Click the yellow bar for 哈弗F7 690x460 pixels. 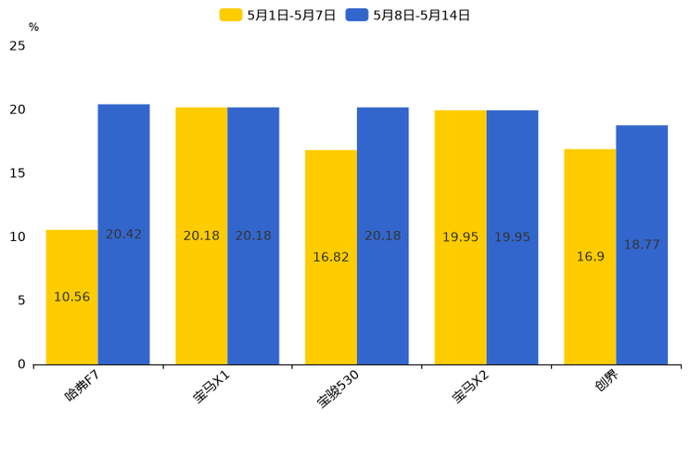[x=71, y=297]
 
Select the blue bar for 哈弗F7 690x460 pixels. [x=123, y=234]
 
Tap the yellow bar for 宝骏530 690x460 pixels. [x=330, y=257]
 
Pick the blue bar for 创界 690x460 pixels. [x=642, y=245]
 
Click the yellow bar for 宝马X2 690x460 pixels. [x=460, y=236]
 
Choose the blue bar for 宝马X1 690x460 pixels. [x=253, y=236]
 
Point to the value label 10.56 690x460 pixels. [x=71, y=297]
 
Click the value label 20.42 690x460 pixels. [x=123, y=235]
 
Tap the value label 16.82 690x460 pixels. [x=330, y=257]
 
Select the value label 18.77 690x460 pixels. [x=642, y=245]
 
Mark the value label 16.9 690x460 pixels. [x=590, y=257]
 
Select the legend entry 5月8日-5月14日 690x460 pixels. [x=408, y=15]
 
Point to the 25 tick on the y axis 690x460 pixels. [x=17, y=45]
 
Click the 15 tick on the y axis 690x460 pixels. [x=17, y=173]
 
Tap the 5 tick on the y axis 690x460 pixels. [x=20, y=300]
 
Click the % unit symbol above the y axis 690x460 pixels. [x=33, y=28]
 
